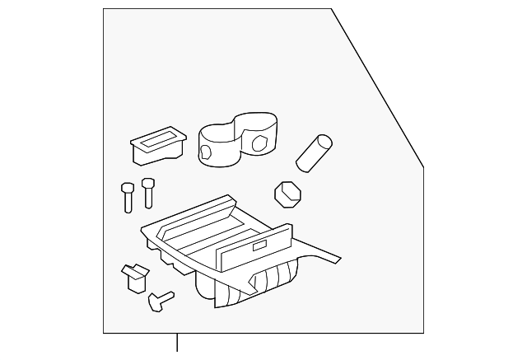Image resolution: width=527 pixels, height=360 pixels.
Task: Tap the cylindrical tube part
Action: pyautogui.click(x=314, y=154)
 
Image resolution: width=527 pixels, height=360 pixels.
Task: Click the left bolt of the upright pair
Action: pyautogui.click(x=128, y=197)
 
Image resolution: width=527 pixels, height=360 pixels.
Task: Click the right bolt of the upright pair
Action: pyautogui.click(x=148, y=193)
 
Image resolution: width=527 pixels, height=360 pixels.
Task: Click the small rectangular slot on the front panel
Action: pyautogui.click(x=259, y=245)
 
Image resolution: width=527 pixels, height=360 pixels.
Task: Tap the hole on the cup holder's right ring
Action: pyautogui.click(x=261, y=143)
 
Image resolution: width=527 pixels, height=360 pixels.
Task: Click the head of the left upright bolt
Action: pyautogui.click(x=128, y=185)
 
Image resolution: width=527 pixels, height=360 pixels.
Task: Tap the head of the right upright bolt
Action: pyautogui.click(x=148, y=182)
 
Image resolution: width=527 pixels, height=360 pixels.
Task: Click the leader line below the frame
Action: pyautogui.click(x=177, y=346)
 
